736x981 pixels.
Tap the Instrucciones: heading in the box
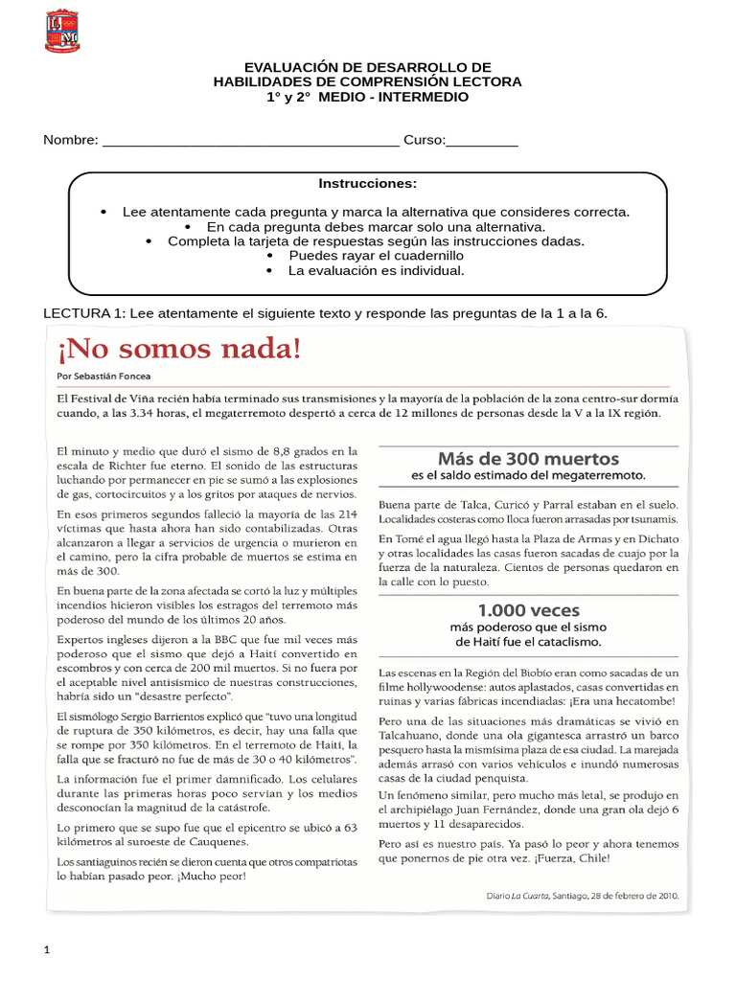click(x=367, y=184)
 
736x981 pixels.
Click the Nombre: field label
click(x=71, y=141)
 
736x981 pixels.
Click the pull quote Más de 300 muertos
click(x=528, y=458)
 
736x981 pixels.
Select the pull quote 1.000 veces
click(x=528, y=609)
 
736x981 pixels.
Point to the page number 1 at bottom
click(x=46, y=950)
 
